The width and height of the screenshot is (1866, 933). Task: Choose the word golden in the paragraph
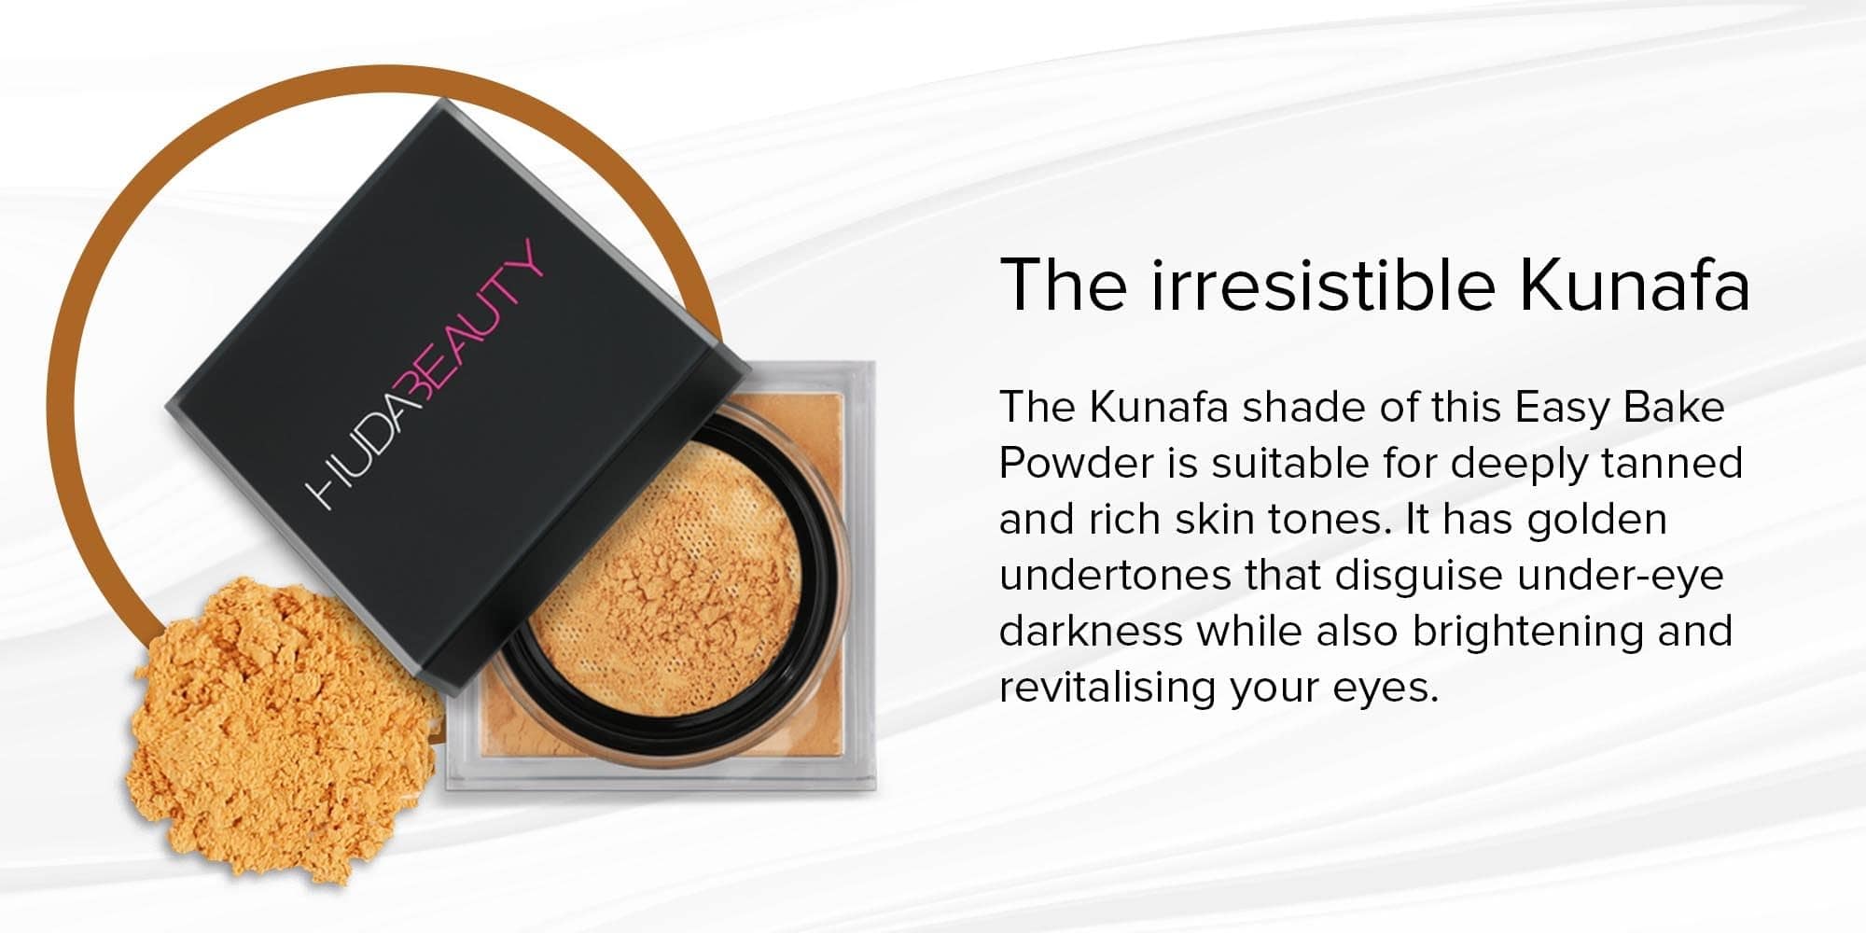pyautogui.click(x=1596, y=519)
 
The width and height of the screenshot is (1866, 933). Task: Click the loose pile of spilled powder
pyautogui.click(x=271, y=728)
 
